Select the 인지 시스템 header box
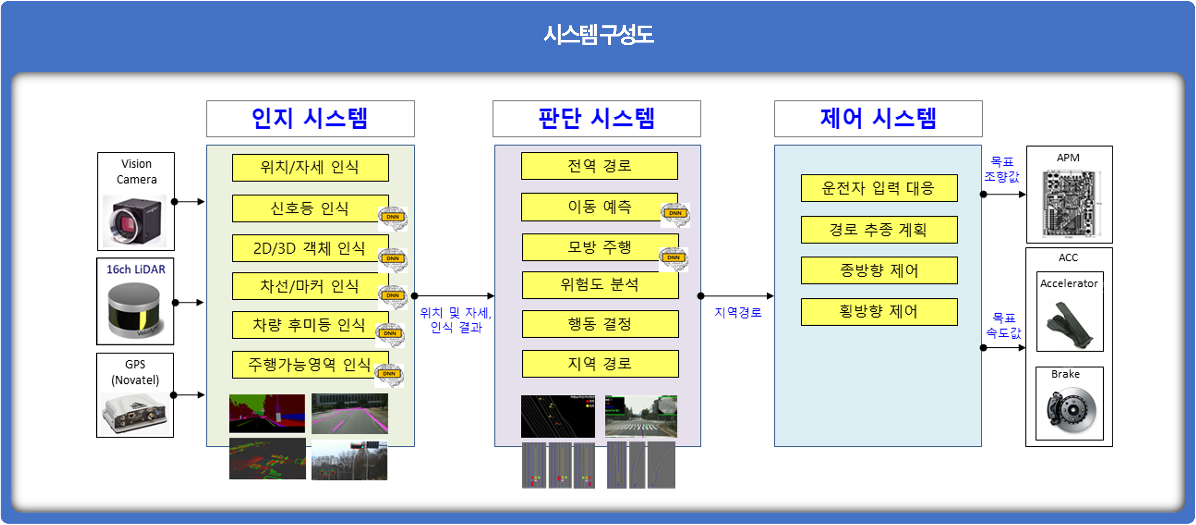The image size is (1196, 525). [310, 119]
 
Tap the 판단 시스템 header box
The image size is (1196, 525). [597, 119]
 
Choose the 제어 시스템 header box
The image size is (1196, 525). [878, 119]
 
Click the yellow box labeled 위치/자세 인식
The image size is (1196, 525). [310, 167]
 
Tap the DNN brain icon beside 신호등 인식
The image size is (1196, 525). [393, 218]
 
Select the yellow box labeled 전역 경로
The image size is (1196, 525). [599, 166]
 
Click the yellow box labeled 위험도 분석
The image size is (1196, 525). [600, 285]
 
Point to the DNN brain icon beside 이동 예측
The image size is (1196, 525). [675, 214]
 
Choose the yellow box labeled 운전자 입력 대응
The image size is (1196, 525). [879, 188]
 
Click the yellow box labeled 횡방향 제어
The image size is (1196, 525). [879, 312]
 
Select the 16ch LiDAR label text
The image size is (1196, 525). [136, 270]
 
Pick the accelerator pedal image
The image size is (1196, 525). [1070, 325]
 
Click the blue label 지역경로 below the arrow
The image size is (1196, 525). [738, 312]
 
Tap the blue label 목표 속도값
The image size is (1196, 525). [1003, 325]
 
